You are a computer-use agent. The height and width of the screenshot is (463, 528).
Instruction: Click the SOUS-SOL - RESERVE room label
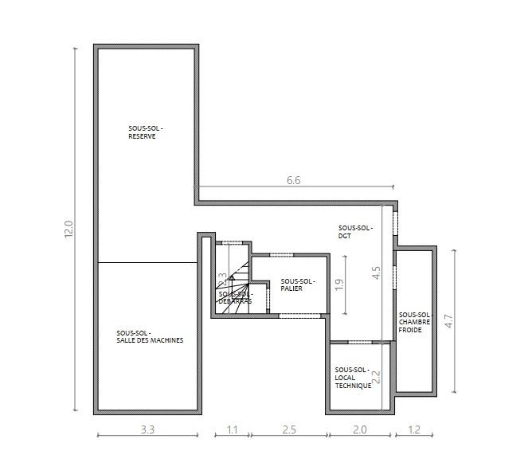click(146, 132)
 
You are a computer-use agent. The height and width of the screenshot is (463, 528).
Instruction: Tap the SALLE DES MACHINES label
click(150, 336)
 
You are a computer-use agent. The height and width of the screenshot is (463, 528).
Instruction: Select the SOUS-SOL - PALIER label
click(298, 284)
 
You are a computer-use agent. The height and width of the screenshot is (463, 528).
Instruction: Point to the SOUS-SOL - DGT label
click(354, 231)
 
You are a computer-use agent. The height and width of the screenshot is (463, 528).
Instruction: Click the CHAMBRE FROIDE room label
click(414, 323)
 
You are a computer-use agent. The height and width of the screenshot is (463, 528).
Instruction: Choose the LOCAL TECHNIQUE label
click(353, 378)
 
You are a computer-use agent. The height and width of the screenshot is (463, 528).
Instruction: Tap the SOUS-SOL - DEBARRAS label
click(235, 297)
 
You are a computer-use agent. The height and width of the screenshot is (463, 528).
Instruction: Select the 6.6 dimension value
click(293, 181)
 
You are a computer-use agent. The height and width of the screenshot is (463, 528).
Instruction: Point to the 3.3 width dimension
click(147, 430)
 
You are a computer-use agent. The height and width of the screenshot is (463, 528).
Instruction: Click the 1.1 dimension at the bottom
click(233, 430)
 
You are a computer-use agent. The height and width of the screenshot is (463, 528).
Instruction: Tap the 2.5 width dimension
click(288, 430)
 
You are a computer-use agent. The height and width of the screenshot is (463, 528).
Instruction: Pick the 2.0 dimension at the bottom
click(359, 430)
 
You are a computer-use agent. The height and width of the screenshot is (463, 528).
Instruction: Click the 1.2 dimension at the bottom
click(413, 430)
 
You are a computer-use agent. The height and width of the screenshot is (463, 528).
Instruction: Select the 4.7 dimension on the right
click(448, 322)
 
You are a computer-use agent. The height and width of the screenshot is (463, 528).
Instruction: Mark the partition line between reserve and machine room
click(147, 262)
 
